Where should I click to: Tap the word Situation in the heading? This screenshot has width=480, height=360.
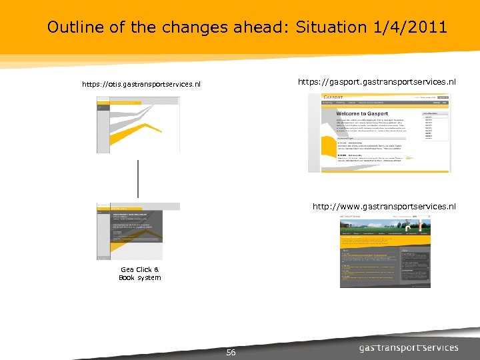pos(331,27)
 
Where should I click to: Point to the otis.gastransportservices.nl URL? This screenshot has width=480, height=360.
pos(141,85)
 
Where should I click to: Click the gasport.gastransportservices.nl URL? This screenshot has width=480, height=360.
pos(377,81)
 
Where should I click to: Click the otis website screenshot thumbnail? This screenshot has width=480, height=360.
pos(138,125)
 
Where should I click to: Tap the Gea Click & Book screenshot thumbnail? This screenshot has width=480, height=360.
pos(138,231)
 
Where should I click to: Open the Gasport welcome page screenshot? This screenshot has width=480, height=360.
pos(379,133)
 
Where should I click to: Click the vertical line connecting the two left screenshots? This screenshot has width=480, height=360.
pos(138,178)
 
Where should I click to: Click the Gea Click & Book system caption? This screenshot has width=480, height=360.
pos(139,273)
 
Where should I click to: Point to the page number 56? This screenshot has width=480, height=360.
pos(231,353)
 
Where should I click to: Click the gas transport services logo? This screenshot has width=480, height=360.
pos(409,347)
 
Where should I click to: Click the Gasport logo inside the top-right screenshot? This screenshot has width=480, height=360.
pos(333,97)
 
